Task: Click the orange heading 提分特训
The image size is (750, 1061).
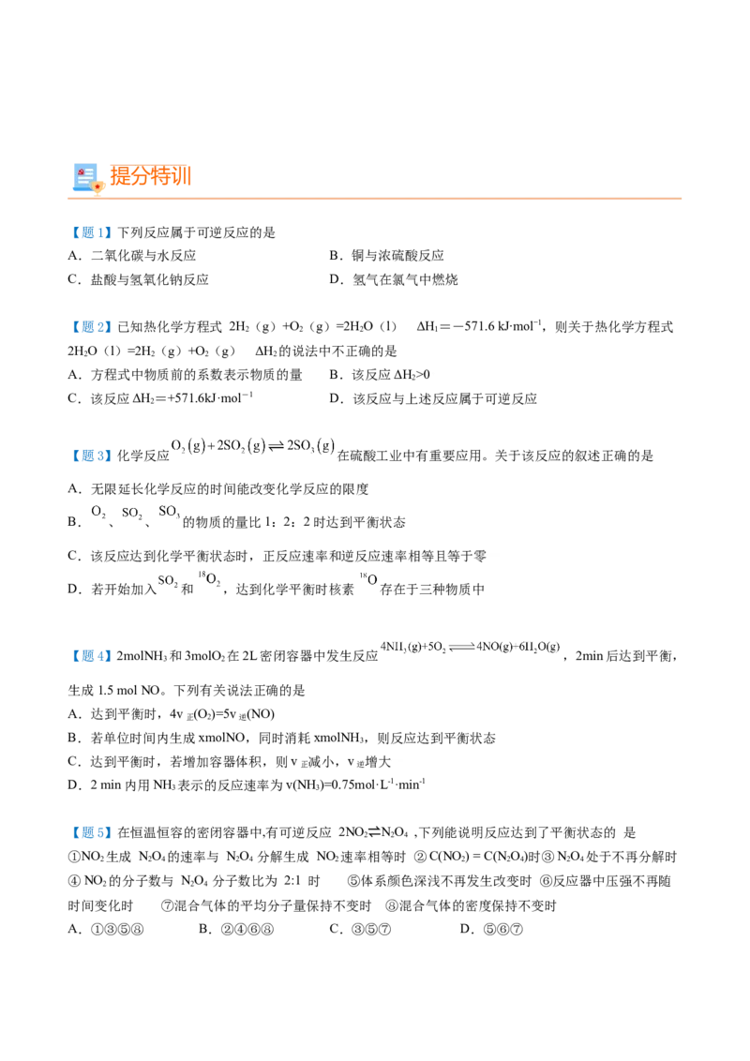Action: pyautogui.click(x=151, y=176)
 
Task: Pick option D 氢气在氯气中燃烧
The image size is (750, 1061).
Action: pyautogui.click(x=393, y=279)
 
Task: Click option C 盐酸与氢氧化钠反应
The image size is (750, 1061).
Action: pyautogui.click(x=138, y=279)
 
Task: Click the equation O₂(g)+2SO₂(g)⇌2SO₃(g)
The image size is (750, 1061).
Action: pyautogui.click(x=252, y=446)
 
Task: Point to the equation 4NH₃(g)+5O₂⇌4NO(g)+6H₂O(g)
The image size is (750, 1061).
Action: pyautogui.click(x=471, y=647)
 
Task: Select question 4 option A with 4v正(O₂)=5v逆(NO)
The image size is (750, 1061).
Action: pyautogui.click(x=172, y=714)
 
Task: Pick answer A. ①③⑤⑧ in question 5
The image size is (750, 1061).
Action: pyautogui.click(x=106, y=929)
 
